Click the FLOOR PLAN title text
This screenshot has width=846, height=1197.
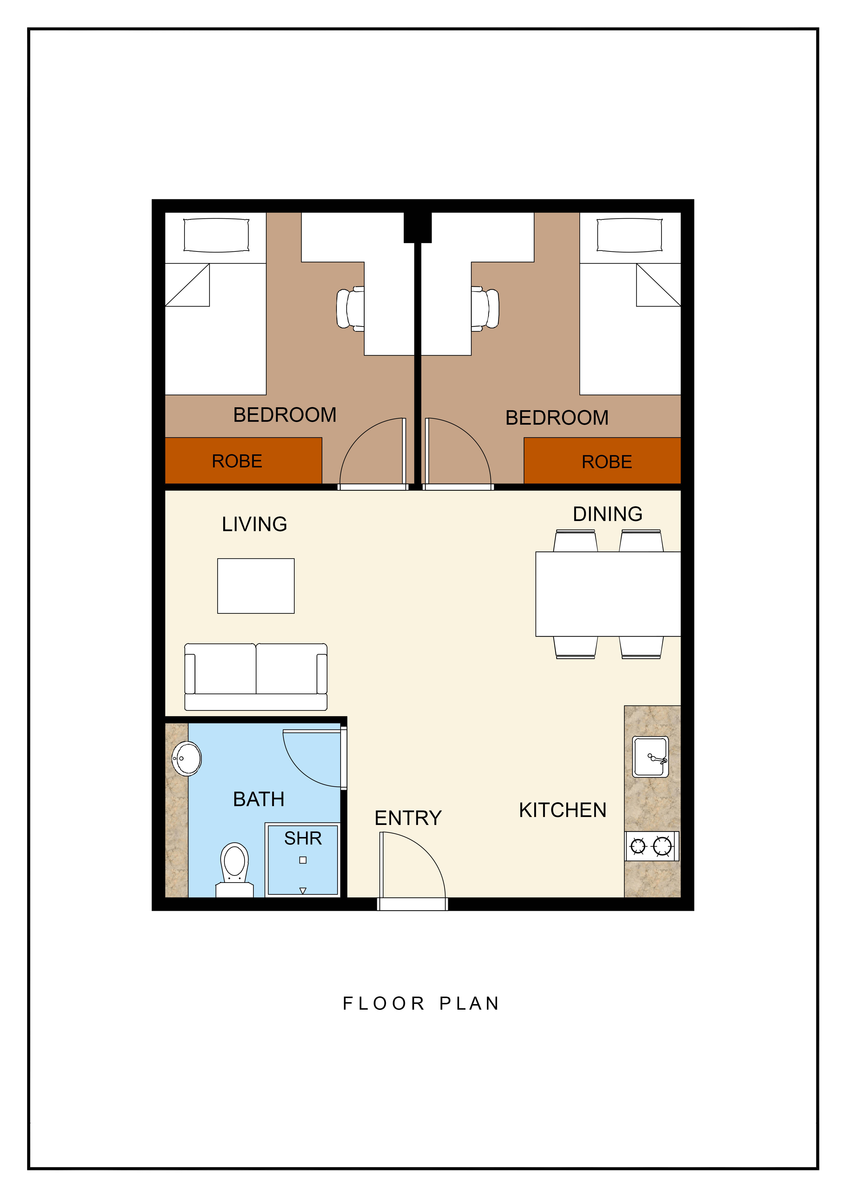(421, 1004)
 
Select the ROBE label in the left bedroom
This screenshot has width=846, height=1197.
(237, 461)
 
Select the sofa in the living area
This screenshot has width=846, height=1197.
(256, 677)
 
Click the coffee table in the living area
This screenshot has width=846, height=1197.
(256, 586)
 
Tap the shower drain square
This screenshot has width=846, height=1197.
(303, 860)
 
